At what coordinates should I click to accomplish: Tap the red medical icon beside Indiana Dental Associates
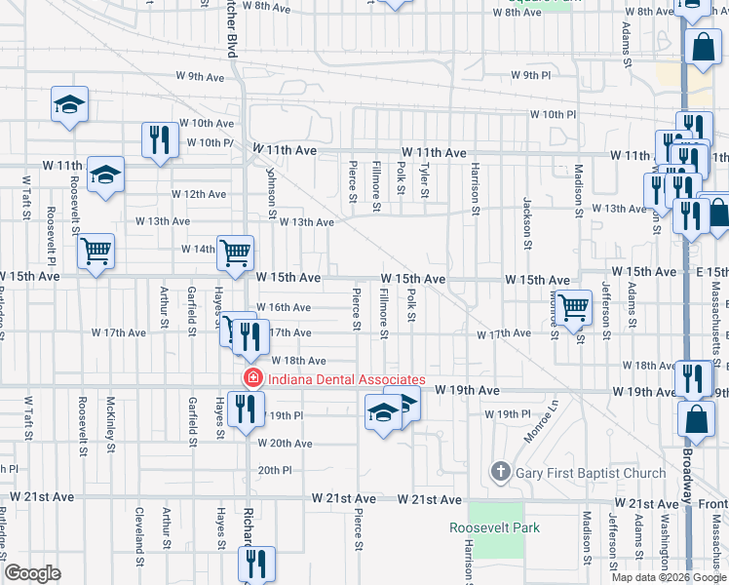[252, 378]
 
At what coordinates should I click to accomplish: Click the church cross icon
[501, 473]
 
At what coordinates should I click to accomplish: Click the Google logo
[33, 573]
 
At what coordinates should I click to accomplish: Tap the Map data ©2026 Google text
[669, 577]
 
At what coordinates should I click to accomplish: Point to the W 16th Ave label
[284, 307]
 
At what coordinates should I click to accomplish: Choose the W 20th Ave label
[284, 444]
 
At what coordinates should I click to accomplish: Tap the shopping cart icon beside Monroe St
[574, 307]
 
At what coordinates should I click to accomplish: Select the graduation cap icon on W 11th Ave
[106, 175]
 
